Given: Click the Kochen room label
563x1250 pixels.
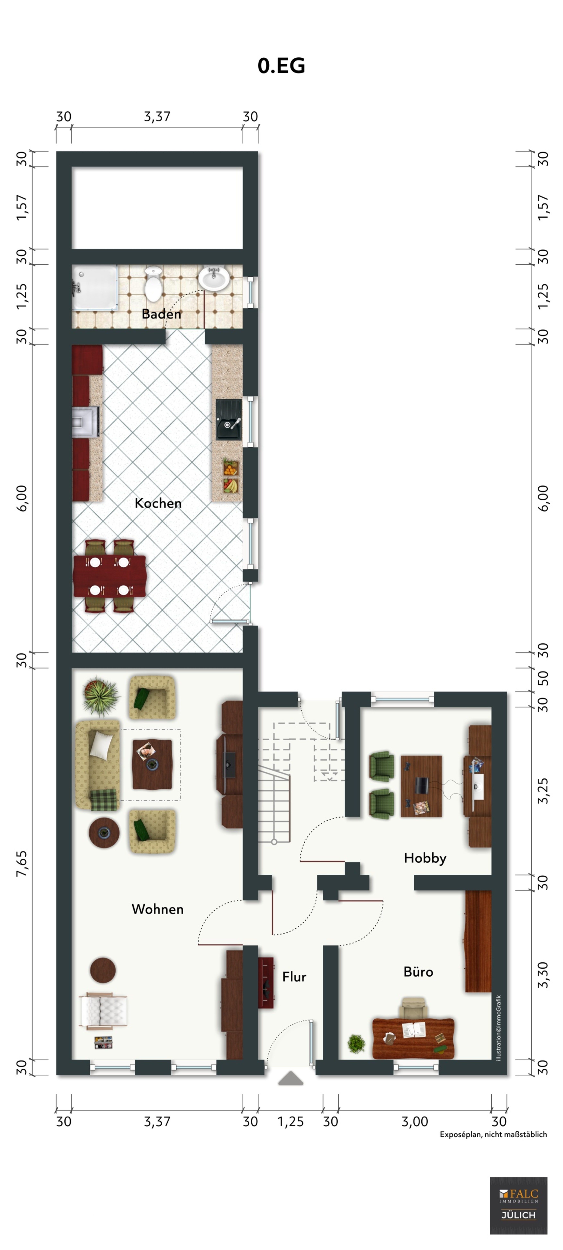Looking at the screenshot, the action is tap(158, 503).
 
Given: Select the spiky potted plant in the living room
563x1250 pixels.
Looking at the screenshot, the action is tap(100, 696).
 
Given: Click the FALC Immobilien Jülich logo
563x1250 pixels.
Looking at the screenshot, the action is tap(518, 1205).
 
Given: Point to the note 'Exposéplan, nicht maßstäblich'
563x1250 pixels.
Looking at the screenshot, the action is tap(493, 1134).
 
